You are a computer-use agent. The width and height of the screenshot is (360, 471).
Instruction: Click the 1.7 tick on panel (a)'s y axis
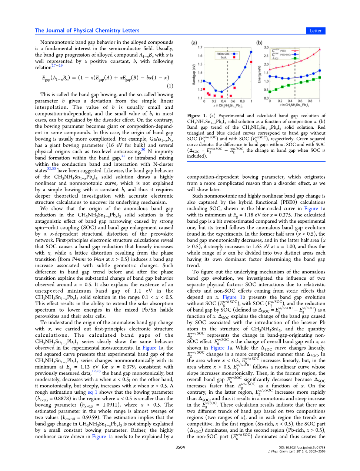[x=200, y=47]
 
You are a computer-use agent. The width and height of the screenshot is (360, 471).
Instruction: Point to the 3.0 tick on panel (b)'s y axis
[x=266, y=47]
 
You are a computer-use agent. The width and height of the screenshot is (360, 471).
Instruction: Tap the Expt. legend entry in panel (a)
[x=224, y=57]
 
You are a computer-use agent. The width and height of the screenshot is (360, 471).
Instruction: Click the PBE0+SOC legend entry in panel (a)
[x=223, y=54]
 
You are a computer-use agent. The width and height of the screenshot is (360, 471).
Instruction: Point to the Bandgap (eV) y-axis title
[x=194, y=74]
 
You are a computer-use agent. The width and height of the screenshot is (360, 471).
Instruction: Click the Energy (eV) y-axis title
[x=260, y=74]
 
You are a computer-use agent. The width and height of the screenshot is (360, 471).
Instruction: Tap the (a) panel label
[x=194, y=43]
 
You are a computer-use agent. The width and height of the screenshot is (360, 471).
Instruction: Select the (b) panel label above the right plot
[x=259, y=43]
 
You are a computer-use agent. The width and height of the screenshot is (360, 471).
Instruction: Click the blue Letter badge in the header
[x=316, y=31]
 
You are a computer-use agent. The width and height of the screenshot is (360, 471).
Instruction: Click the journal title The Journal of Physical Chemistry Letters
[x=87, y=30]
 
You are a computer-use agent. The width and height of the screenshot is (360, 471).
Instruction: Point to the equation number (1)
[x=170, y=86]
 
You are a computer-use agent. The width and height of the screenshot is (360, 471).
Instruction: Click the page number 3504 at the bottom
[x=180, y=447]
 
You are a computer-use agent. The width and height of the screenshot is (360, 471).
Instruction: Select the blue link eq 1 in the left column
[x=93, y=392]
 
